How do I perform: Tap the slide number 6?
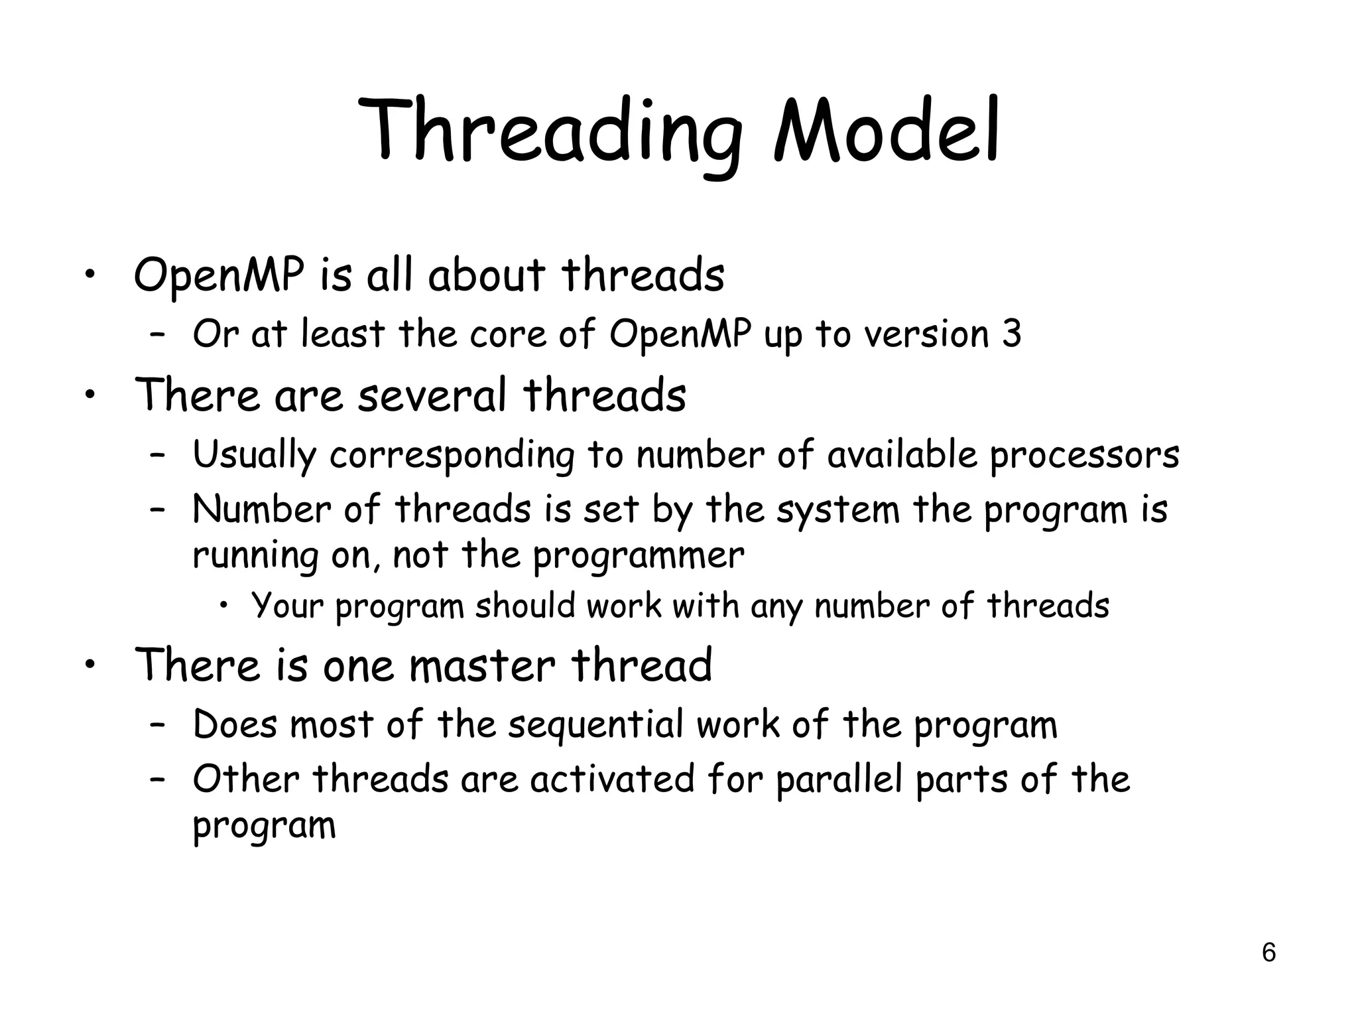click(x=1268, y=953)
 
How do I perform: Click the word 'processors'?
click(x=1084, y=456)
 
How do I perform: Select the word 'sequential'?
click(x=595, y=724)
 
